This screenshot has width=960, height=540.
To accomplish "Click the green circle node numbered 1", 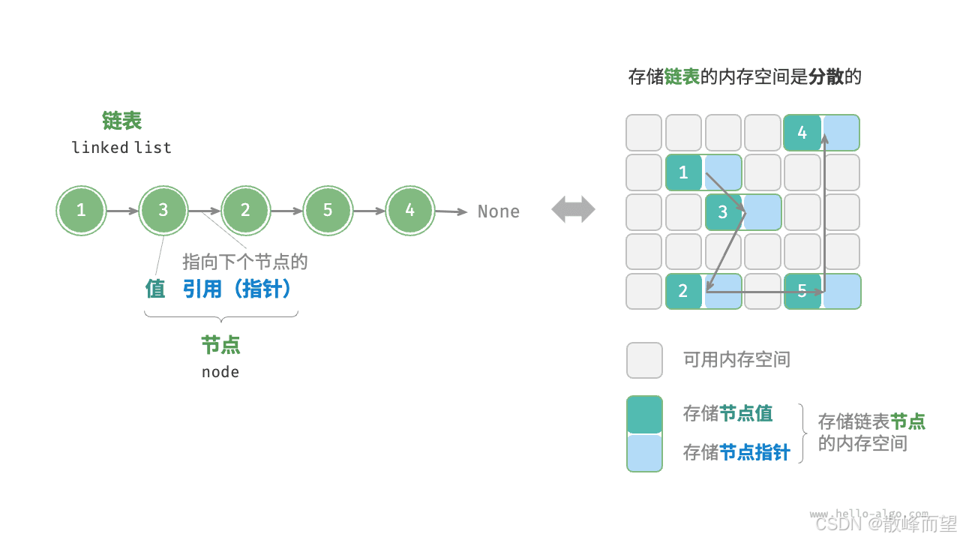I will point(81,211).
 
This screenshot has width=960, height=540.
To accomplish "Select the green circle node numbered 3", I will point(163,211).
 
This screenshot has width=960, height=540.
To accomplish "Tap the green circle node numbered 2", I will point(245,211).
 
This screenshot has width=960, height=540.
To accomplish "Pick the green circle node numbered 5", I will point(328,211).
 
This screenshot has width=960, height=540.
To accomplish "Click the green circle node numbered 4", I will point(409,211).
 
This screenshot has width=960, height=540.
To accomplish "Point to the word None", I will point(499,211).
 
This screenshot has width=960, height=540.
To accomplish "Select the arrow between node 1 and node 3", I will point(122,211).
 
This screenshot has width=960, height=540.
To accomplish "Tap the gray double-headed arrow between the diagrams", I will point(573,210).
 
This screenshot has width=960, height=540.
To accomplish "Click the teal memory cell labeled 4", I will point(802,133).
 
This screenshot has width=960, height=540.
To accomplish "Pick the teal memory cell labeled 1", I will point(683,172).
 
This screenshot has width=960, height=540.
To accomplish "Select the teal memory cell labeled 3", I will point(723,211).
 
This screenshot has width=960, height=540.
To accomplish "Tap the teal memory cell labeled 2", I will point(683,291).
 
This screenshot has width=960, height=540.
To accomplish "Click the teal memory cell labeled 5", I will point(802,291).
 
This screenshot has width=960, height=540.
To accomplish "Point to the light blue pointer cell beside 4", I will point(841,133).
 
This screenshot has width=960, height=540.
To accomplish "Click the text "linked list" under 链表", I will point(121,148).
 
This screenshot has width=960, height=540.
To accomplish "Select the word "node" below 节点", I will point(220,372).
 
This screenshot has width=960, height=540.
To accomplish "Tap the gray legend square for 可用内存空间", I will point(644,360).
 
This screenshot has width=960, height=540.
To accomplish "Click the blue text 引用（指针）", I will point(237,289).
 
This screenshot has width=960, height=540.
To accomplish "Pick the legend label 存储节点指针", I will point(736,452).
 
